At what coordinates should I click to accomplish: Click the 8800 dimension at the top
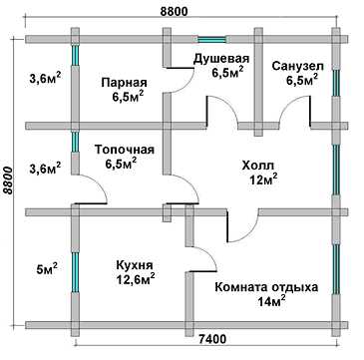click(174, 11)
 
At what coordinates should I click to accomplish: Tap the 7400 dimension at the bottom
click(212, 339)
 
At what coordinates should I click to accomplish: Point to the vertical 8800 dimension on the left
click(8, 180)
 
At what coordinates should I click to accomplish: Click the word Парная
click(124, 82)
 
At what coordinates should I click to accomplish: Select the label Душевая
click(221, 59)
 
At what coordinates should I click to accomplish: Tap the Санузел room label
click(297, 66)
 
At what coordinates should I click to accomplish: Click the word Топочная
click(125, 150)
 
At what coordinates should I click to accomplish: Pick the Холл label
click(257, 166)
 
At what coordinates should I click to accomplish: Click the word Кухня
click(135, 265)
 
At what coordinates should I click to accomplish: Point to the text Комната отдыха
click(266, 287)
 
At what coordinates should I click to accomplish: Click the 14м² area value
click(271, 301)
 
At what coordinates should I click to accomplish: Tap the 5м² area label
click(49, 268)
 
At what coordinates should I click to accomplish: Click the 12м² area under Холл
click(264, 180)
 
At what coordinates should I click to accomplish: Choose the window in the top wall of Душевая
click(212, 39)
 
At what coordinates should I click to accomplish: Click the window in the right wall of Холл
click(336, 170)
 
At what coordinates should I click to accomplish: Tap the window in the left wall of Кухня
click(76, 271)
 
